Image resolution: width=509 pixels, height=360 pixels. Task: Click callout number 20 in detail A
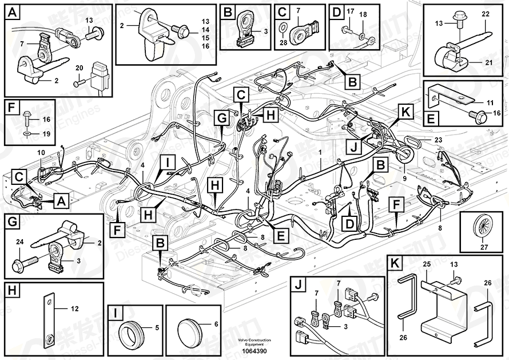point(78,68)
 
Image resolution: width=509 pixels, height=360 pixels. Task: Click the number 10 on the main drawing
point(41,152)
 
